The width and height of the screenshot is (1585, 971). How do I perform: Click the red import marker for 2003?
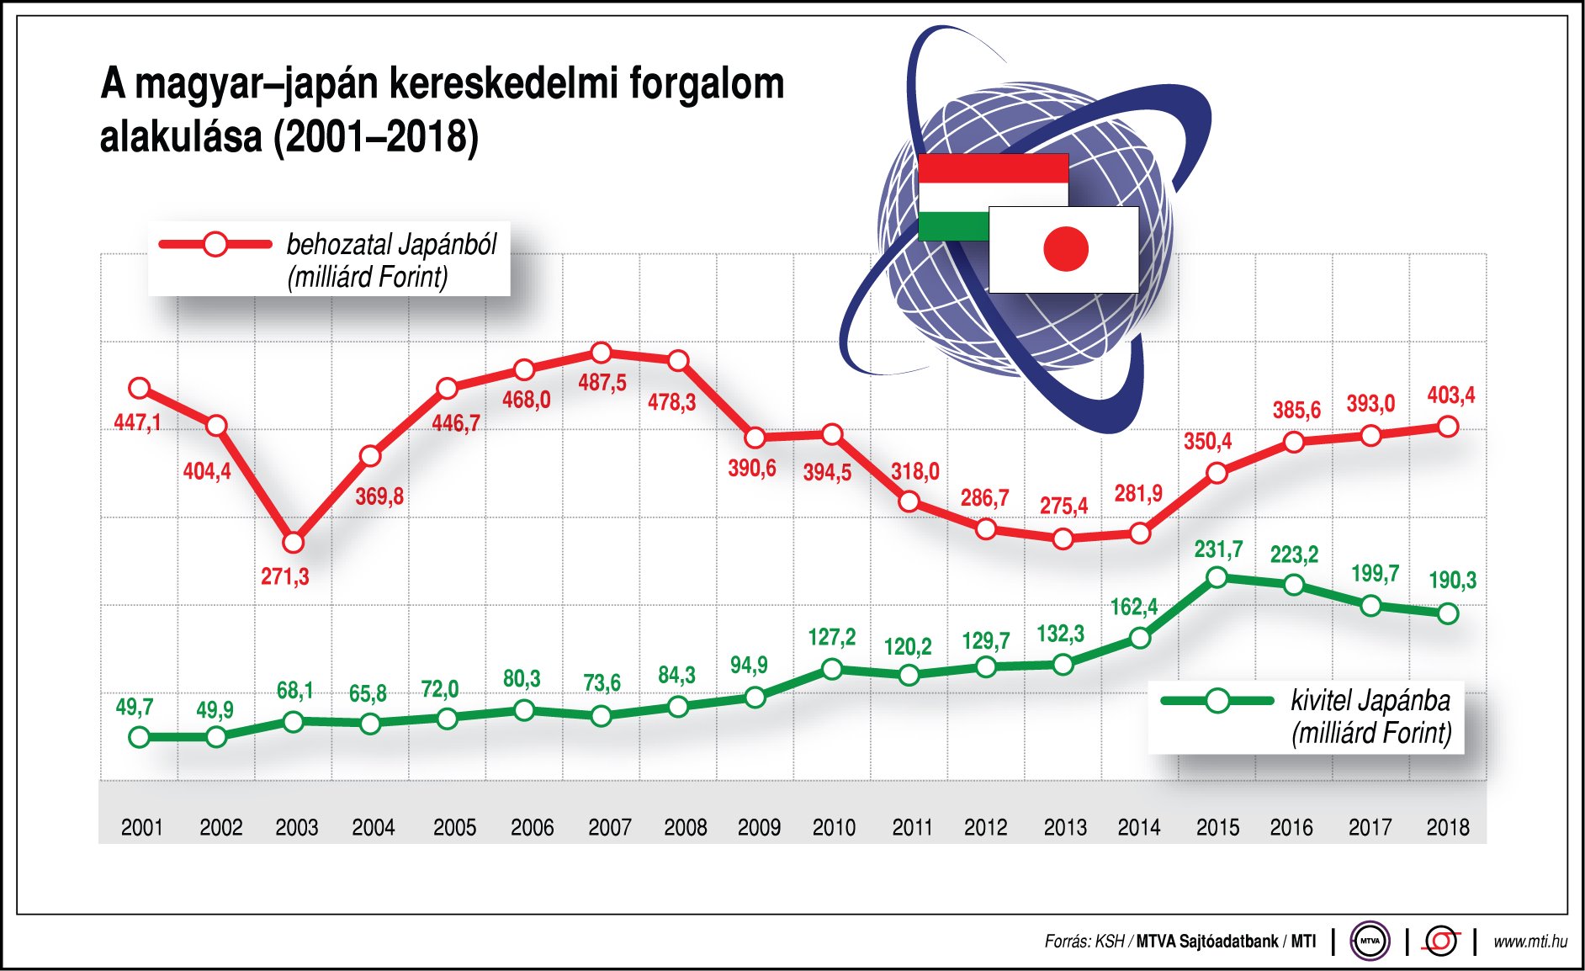point(293,543)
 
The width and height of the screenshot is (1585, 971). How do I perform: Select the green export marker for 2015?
point(1217,577)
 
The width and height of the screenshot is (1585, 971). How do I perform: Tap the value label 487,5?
point(602,383)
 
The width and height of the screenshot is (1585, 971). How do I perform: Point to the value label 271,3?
point(284,577)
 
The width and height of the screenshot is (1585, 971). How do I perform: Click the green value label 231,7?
point(1218,549)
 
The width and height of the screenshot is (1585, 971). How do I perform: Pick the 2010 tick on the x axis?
point(834,827)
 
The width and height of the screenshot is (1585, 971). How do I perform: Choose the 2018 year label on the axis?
point(1447,827)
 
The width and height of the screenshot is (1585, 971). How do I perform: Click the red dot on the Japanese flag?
point(1066,249)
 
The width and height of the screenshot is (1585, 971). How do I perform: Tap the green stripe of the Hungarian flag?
point(953,226)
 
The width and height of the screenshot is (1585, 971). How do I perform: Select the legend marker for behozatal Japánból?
point(215,244)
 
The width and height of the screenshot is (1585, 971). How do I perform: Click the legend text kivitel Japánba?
point(1370,700)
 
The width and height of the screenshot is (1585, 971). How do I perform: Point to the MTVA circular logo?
point(1370,941)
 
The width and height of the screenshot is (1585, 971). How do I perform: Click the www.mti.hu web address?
point(1529,941)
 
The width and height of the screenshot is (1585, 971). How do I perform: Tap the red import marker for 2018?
point(1448,427)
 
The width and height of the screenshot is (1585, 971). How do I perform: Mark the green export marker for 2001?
point(140,737)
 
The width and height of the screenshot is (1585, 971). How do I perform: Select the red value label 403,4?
point(1450,395)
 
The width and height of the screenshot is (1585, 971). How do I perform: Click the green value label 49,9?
point(215,710)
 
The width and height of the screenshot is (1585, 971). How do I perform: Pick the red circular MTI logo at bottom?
point(1440,941)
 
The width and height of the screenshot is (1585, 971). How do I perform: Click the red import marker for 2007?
point(601,353)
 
